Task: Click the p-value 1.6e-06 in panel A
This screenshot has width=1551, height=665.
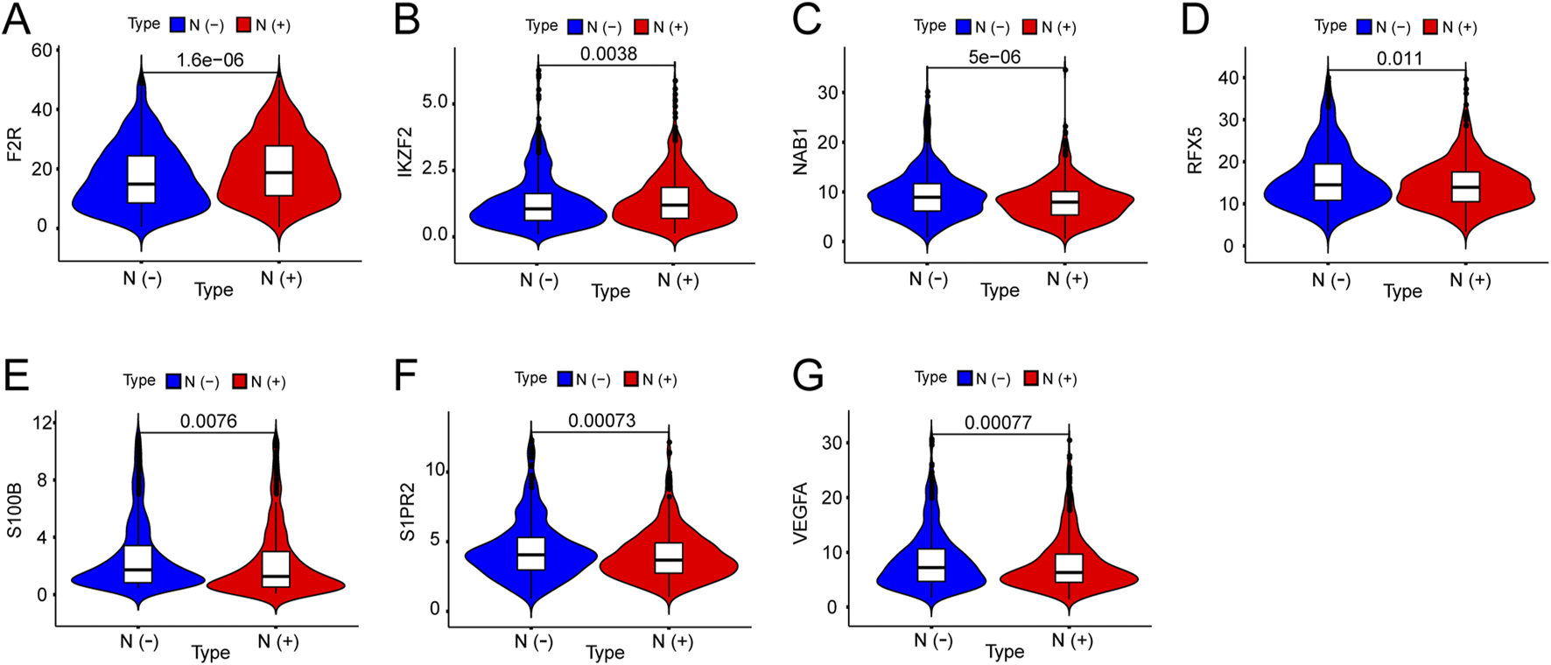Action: [210, 60]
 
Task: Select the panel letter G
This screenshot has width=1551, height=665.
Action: [807, 377]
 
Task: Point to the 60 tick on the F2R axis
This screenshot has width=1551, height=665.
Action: [41, 51]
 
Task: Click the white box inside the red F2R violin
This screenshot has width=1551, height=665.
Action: [279, 171]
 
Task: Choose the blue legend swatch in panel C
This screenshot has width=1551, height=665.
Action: [964, 27]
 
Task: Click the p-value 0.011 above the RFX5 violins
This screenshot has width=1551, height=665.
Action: [1400, 59]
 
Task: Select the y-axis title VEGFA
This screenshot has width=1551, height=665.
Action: [800, 514]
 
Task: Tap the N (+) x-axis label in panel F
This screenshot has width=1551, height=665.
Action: [672, 641]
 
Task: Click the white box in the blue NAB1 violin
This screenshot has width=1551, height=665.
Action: [927, 197]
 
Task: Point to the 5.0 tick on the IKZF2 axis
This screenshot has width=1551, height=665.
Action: [434, 102]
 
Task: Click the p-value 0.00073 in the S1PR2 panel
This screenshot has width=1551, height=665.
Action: [601, 421]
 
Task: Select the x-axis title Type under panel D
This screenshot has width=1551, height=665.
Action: [1402, 291]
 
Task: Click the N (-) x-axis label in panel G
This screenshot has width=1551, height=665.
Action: [933, 640]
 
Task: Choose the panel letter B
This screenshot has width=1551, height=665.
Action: [407, 20]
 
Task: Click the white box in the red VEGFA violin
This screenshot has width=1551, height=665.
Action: [1069, 568]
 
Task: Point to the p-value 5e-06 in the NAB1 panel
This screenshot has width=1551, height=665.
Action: [994, 57]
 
